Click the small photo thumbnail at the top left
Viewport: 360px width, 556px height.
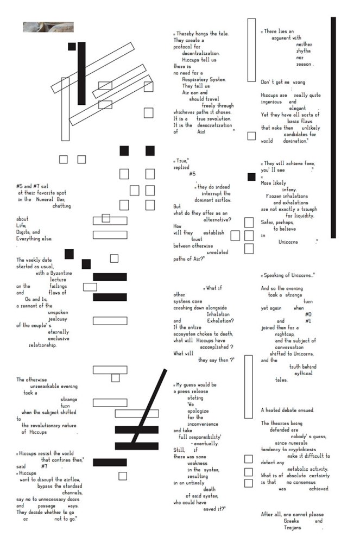click(x=48, y=27)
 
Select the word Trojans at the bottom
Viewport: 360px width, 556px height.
click(x=293, y=527)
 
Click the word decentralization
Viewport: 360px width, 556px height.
click(x=200, y=53)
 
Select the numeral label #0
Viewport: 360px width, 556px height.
click(x=308, y=314)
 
